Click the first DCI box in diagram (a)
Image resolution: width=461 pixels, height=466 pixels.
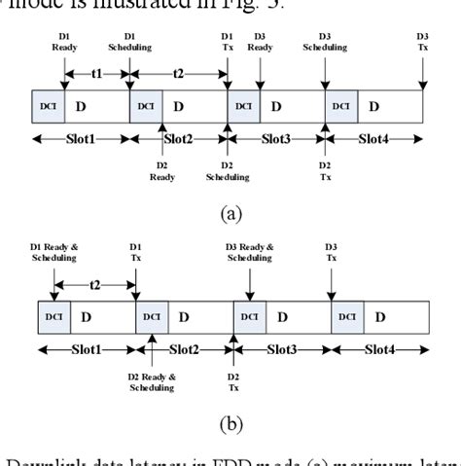47,105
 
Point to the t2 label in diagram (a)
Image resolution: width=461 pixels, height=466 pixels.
178,72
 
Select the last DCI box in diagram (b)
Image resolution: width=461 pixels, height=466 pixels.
347,317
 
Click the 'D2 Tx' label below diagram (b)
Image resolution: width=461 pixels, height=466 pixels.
233,381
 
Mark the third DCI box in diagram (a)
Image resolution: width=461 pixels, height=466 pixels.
242,105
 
